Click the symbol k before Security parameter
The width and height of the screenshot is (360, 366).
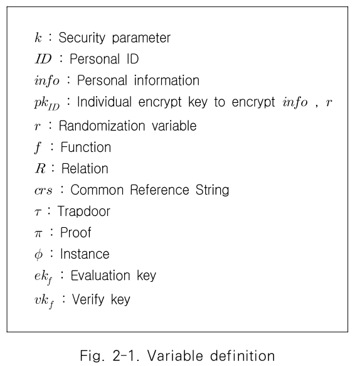coord(38,38)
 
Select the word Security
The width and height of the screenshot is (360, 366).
coord(82,38)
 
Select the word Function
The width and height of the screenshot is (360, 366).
coord(85,147)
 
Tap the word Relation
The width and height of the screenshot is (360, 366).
coord(85,168)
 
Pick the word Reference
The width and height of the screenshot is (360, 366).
coord(160,190)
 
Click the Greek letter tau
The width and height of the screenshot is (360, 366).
coord(37,212)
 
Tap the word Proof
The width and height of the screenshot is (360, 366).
coord(75,233)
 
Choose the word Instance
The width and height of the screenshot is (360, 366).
coord(85,254)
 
